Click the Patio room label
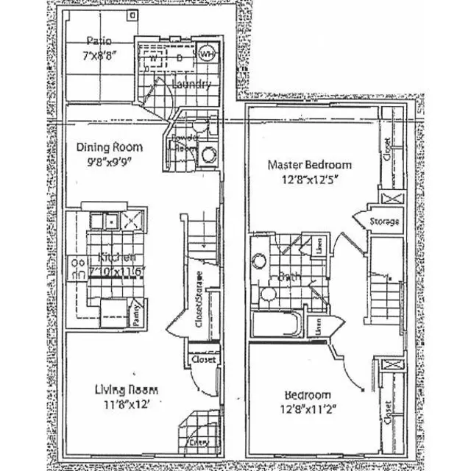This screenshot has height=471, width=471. coord(99,40)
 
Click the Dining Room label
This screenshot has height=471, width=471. coord(110,147)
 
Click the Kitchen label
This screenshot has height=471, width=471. coord(116,258)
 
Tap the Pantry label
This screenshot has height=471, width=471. coord(135,312)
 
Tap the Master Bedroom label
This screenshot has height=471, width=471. coord(309,165)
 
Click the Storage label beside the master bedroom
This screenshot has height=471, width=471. coord(383,222)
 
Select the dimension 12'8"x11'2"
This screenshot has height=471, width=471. coord(304,408)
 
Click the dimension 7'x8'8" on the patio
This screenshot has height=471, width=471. coord(99,56)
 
